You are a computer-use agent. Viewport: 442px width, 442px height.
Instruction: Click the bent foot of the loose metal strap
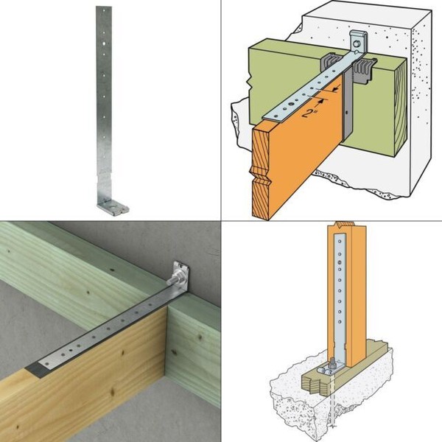point(114,207)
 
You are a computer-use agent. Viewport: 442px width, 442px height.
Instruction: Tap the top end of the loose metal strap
point(103,10)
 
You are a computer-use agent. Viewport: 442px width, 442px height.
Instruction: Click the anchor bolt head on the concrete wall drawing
point(358,45)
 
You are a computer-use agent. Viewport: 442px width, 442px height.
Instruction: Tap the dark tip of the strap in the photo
point(35,367)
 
